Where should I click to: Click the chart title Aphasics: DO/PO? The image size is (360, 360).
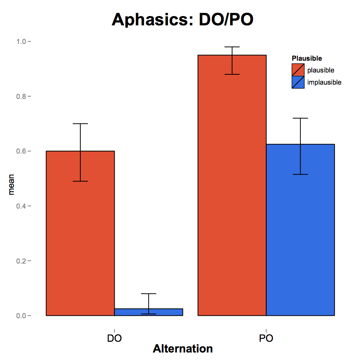coord(182,20)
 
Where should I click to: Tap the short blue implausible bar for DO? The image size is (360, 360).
coord(149,312)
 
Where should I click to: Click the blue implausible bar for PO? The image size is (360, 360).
coord(300,243)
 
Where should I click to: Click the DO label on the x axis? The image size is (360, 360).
coord(114,338)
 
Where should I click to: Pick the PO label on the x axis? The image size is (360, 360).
coord(266,338)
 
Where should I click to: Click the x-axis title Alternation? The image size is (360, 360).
coord(182,349)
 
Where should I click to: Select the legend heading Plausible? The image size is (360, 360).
coord(307,58)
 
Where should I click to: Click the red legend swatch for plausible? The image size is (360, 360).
coord(298,70)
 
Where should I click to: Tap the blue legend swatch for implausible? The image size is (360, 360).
coord(298,82)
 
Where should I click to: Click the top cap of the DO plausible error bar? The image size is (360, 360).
coord(80,124)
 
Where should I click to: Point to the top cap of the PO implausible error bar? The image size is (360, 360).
coord(300,118)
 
